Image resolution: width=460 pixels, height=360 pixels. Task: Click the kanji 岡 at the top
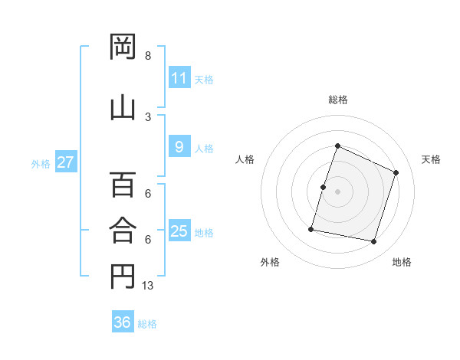(123, 46)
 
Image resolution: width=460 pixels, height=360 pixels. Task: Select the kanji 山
(123, 109)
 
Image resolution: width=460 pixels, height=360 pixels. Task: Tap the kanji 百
(123, 185)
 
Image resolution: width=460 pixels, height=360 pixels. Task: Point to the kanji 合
(123, 230)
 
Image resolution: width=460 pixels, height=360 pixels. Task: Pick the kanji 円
(123, 277)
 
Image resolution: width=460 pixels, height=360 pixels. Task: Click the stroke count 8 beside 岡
(148, 55)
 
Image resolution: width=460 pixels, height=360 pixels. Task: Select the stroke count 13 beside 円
(147, 285)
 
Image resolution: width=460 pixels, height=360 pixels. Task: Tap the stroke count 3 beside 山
(148, 117)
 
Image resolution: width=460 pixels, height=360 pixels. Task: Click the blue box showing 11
(180, 77)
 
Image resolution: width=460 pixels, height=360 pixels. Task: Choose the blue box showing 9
(180, 146)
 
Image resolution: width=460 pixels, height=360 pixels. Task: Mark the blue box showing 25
(180, 230)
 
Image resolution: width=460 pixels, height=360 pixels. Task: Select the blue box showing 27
(66, 162)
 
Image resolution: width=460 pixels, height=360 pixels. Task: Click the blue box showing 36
(123, 321)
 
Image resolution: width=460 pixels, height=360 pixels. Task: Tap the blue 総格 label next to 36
(147, 324)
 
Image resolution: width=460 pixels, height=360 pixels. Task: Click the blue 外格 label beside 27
(41, 164)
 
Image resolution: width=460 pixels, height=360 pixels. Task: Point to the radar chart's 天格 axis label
(431, 159)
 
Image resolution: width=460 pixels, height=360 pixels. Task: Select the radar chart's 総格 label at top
(338, 100)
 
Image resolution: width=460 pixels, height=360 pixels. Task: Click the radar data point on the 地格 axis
(374, 242)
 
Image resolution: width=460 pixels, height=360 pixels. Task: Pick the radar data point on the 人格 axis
(323, 188)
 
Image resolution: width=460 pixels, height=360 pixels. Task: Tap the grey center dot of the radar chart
(337, 191)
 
